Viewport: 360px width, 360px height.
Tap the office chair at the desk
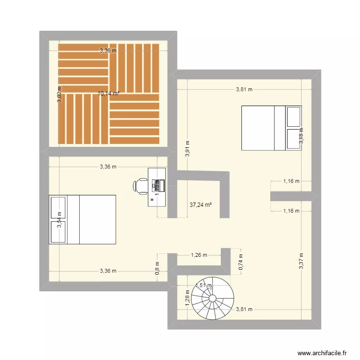(x=142, y=186)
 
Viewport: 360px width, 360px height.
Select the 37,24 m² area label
(x=201, y=204)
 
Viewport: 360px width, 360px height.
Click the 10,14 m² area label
(x=108, y=94)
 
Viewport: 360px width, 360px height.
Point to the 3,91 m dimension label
(x=187, y=149)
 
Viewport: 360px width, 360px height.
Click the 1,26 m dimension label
(x=199, y=255)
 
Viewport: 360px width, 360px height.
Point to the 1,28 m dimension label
(x=187, y=297)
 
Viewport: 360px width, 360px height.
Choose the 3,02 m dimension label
(x=60, y=94)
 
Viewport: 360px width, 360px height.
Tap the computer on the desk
(x=158, y=184)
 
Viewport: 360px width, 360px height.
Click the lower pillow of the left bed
(x=58, y=232)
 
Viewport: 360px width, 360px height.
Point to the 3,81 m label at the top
(x=244, y=89)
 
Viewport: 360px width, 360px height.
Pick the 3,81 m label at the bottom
(x=244, y=309)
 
